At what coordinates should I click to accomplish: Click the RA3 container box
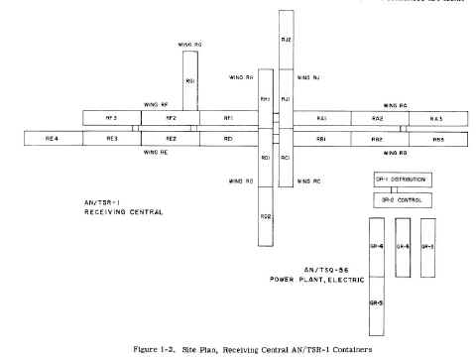click(x=435, y=119)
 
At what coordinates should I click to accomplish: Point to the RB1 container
click(x=322, y=139)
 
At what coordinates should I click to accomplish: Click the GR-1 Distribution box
click(x=391, y=180)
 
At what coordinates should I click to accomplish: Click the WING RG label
click(x=189, y=45)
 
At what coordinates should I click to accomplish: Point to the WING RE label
click(x=156, y=152)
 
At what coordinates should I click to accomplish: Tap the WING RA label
click(x=396, y=104)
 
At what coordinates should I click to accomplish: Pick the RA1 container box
click(x=322, y=119)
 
